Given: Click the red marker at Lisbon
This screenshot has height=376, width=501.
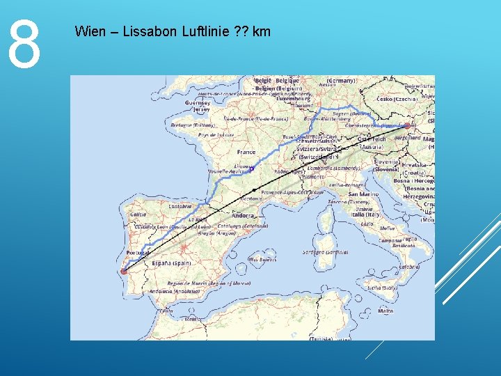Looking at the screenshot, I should pyautogui.click(x=125, y=271).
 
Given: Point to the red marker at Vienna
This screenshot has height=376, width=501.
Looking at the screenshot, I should pyautogui.click(x=408, y=126).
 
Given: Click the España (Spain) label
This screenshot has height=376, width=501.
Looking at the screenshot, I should pyautogui.click(x=172, y=263).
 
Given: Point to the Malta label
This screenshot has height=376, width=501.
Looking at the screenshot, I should pyautogui.click(x=385, y=311).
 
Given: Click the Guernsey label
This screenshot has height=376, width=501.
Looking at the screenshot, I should pyautogui.click(x=198, y=102).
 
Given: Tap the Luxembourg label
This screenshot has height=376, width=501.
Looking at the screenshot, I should pyautogui.click(x=292, y=99).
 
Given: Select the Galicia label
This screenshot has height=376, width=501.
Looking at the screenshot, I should pyautogui.click(x=138, y=214).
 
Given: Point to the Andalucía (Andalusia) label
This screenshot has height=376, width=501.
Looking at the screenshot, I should pyautogui.click(x=170, y=292).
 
